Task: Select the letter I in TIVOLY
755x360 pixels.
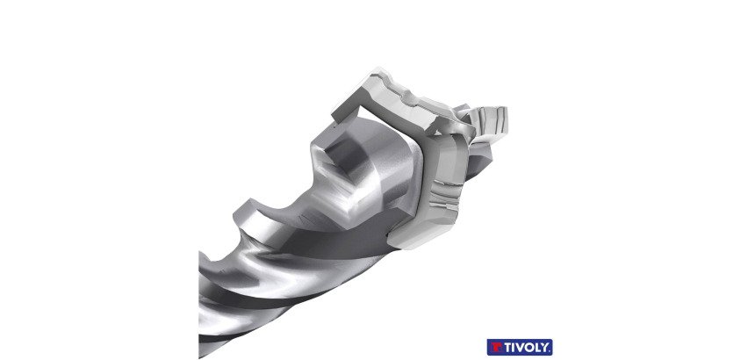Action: [512, 348]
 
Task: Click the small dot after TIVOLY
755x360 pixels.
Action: [550, 350]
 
